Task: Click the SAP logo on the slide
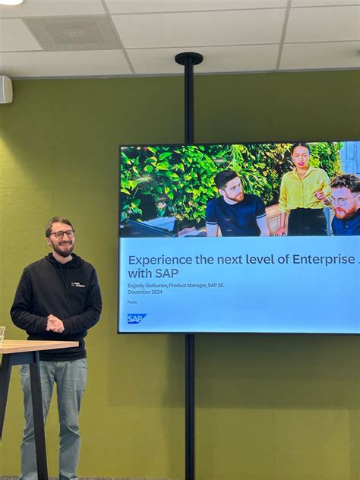(x=137, y=318)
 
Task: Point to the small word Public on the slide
(x=133, y=302)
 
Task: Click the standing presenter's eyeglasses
(x=62, y=234)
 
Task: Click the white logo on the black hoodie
(x=77, y=284)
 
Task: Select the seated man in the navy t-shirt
(x=235, y=207)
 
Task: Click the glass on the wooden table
(x=2, y=333)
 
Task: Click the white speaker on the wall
(x=5, y=90)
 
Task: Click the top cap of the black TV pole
(x=188, y=58)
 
